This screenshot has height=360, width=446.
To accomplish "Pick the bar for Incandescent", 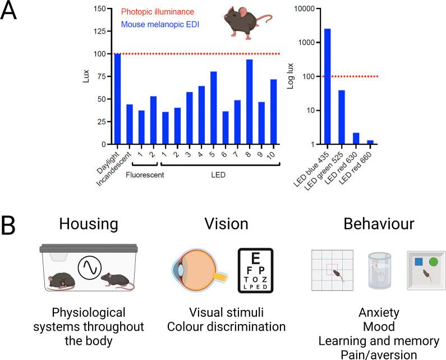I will tap(129, 124).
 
